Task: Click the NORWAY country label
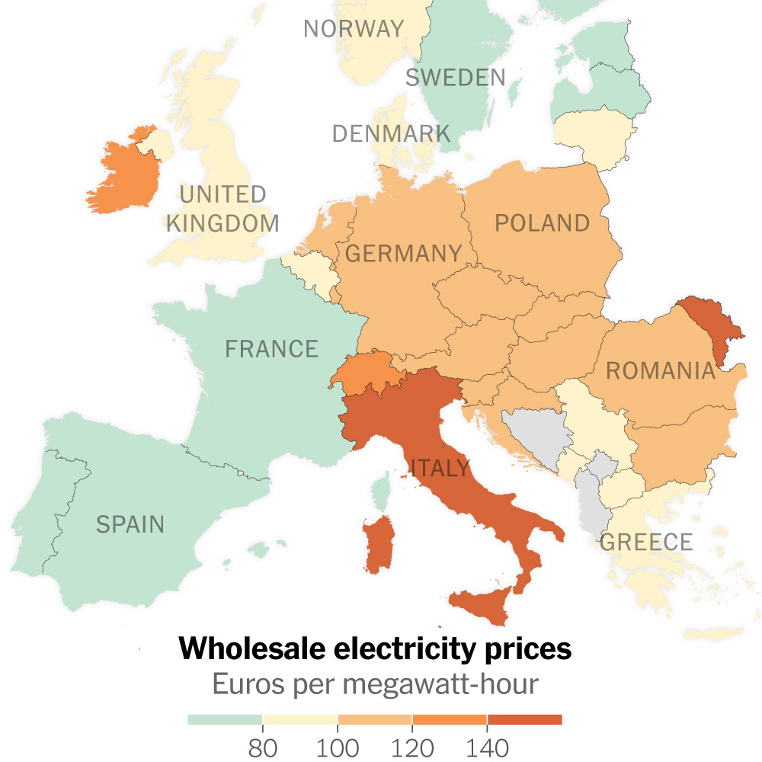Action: (x=354, y=29)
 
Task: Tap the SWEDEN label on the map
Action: (x=455, y=77)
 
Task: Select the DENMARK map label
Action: (x=391, y=134)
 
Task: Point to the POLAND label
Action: (x=542, y=223)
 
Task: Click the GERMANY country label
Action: (x=404, y=253)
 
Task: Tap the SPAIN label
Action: (x=130, y=524)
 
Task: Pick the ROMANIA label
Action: (x=661, y=371)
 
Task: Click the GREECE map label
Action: (x=646, y=543)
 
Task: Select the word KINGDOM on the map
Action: (x=223, y=223)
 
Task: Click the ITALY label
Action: (x=441, y=467)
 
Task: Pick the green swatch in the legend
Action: (x=225, y=719)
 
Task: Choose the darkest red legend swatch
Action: (x=525, y=719)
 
